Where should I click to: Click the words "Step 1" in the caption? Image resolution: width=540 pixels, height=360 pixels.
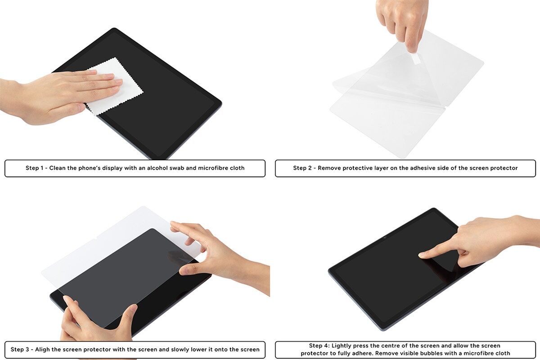tap(35, 168)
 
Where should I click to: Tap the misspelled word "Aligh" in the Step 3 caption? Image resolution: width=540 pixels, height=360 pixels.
tap(42, 350)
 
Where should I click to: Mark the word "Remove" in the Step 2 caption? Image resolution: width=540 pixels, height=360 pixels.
tap(329, 168)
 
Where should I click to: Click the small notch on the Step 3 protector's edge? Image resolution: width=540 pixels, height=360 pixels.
tap(95, 239)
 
